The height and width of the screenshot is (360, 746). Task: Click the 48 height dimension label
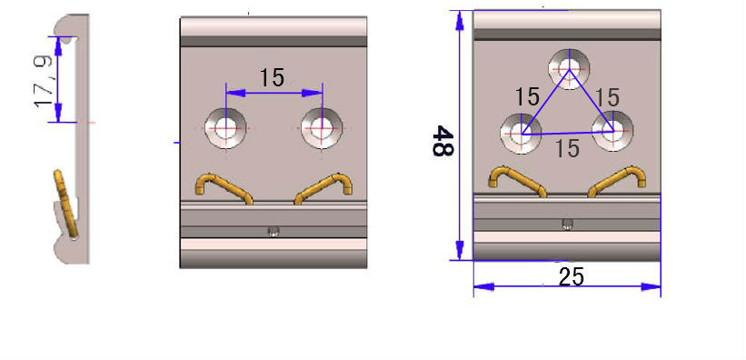coord(443,141)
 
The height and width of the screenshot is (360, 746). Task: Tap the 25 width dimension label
coord(571,276)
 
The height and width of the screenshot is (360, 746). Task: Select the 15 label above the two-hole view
coord(272,77)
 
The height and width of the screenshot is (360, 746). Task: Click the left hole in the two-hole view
coord(224,128)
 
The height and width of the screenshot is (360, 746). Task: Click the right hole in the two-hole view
coord(320,128)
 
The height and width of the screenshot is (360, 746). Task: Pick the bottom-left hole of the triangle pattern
coord(521,134)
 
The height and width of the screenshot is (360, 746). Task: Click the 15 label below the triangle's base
coord(567,148)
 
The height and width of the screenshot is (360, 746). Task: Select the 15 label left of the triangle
coord(527,96)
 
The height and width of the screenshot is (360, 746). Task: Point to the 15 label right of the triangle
coord(607,96)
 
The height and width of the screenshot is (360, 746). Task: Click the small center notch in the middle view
coord(273,231)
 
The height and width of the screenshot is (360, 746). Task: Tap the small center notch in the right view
coord(568,225)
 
